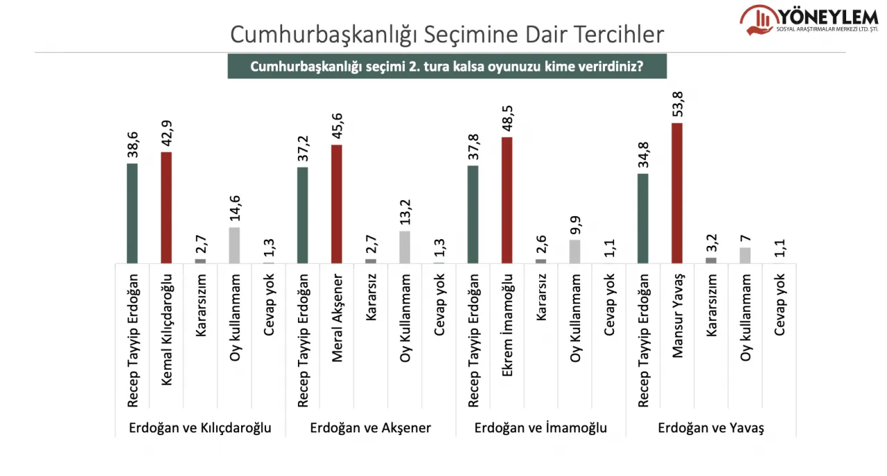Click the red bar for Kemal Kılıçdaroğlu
166,207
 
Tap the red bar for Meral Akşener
337,204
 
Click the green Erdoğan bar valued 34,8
643,218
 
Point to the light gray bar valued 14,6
234,245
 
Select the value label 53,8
678,105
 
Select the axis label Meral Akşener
337,318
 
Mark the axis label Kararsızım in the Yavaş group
711,305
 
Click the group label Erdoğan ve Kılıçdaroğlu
200,427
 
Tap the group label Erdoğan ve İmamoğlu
541,427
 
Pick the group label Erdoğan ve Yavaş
711,427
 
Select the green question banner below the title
447,67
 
